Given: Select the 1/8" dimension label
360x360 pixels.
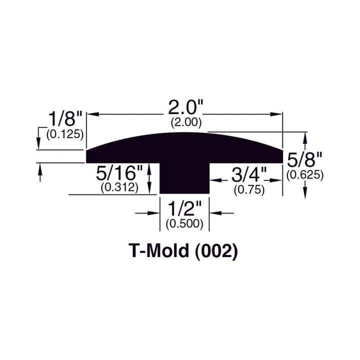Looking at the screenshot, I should point(63,118).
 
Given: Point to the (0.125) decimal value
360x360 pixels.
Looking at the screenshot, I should point(64,133).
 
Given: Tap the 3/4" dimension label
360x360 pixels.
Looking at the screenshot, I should point(248,176).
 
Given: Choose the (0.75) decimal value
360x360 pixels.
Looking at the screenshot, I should point(249,190).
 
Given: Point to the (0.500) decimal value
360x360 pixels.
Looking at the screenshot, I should point(184,224).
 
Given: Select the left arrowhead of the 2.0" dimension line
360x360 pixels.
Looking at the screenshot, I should point(92,115).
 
